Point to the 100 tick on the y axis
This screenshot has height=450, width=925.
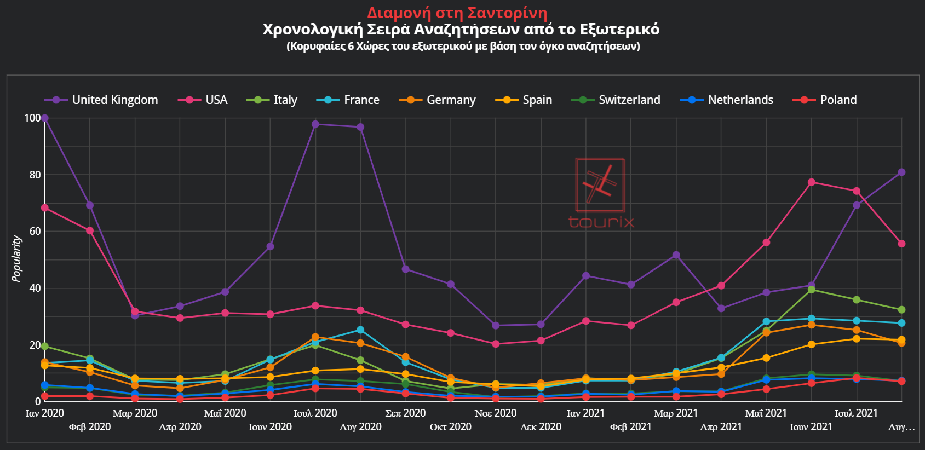click(32, 118)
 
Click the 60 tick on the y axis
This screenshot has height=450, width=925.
click(35, 232)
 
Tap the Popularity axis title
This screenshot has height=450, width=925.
click(16, 259)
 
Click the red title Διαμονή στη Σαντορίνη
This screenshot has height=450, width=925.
click(457, 13)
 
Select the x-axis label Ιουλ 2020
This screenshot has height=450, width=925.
click(315, 413)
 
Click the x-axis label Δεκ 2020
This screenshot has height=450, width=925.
click(541, 427)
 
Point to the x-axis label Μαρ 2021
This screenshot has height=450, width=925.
click(675, 413)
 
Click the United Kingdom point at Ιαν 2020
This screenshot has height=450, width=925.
click(45, 118)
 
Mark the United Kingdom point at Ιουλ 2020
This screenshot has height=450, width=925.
click(315, 124)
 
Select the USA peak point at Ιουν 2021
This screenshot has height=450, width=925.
click(811, 182)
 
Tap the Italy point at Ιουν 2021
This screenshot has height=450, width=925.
click(811, 290)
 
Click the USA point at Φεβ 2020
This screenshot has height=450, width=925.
click(90, 231)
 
